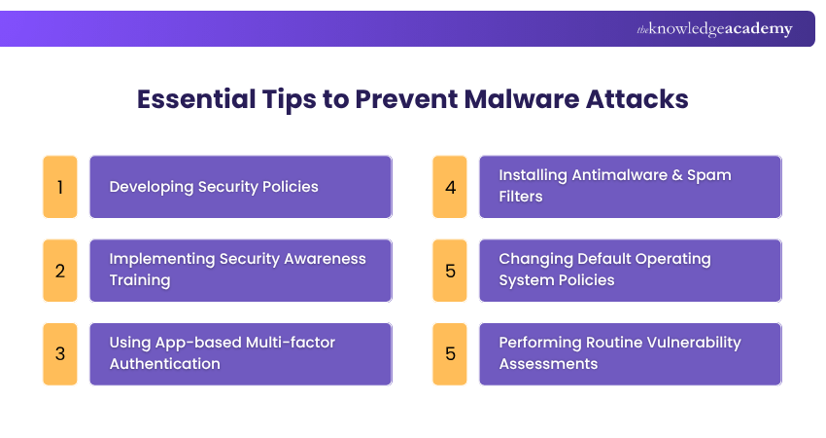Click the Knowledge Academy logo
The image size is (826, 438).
[714, 29]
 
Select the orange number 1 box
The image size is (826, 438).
[60, 186]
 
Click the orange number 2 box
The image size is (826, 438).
[60, 270]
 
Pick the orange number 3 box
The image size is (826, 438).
[60, 353]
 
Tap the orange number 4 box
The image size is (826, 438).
[450, 186]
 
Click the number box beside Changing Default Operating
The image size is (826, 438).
[450, 270]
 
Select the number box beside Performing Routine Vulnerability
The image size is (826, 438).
[450, 353]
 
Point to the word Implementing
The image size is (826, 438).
[159, 259]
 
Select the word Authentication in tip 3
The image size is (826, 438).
[164, 364]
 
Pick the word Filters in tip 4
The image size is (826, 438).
[522, 197]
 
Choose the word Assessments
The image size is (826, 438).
[548, 364]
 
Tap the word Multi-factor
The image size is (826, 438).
[291, 343]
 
